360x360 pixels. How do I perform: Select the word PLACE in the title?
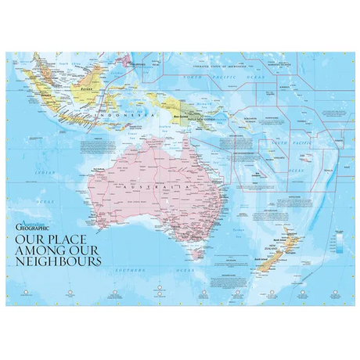click(x=79, y=237)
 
